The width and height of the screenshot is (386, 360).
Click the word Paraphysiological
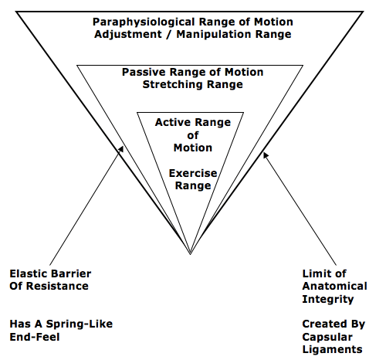pyautogui.click(x=144, y=22)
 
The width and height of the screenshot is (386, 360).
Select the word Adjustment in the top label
pyautogui.click(x=128, y=35)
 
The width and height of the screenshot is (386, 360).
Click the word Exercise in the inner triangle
pyautogui.click(x=193, y=173)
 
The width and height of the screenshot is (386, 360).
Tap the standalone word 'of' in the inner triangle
pyautogui.click(x=193, y=135)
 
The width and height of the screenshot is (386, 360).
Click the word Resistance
pyautogui.click(x=57, y=286)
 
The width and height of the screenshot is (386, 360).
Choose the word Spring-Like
pyautogui.click(x=80, y=324)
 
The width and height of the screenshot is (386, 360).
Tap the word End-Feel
pyautogui.click(x=35, y=337)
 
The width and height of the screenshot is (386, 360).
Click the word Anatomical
pyautogui.click(x=334, y=286)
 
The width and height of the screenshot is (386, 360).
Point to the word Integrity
pyautogui.click(x=328, y=300)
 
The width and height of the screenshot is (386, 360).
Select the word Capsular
pyautogui.click(x=327, y=338)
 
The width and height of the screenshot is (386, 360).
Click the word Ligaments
pyautogui.click(x=332, y=350)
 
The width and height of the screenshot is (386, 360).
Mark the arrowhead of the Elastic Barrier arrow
pyautogui.click(x=121, y=149)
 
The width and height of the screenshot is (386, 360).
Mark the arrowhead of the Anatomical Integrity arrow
pyautogui.click(x=266, y=155)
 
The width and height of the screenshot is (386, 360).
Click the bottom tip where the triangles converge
pyautogui.click(x=191, y=254)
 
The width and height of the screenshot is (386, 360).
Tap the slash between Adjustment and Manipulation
pyautogui.click(x=169, y=35)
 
